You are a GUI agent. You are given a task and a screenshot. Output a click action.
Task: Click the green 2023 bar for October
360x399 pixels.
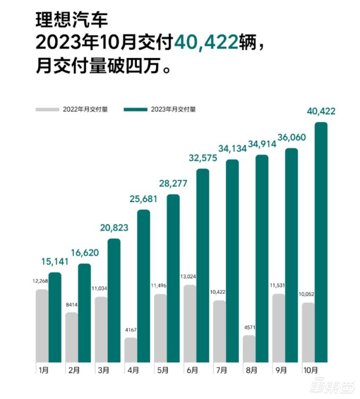(x=321, y=241)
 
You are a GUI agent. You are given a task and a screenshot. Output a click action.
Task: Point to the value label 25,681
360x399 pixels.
(x=144, y=199)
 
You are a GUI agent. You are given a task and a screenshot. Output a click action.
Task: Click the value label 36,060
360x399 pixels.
(x=291, y=137)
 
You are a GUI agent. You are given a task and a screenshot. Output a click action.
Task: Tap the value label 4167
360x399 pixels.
(x=131, y=330)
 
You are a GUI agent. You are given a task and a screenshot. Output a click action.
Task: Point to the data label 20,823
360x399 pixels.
(x=114, y=228)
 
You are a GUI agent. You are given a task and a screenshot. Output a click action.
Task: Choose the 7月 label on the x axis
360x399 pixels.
(x=221, y=370)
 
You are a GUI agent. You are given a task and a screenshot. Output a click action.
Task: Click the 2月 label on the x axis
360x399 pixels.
(x=73, y=370)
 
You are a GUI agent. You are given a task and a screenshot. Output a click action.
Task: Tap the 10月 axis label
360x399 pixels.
(x=310, y=370)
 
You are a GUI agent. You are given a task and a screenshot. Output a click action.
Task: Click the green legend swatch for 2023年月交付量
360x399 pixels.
(x=136, y=109)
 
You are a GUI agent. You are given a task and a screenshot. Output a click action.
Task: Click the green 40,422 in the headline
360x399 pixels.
(x=205, y=43)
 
